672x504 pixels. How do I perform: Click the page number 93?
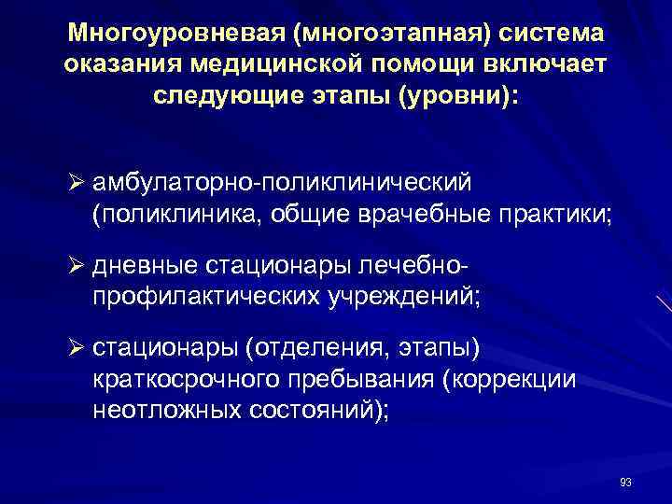click(x=624, y=482)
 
